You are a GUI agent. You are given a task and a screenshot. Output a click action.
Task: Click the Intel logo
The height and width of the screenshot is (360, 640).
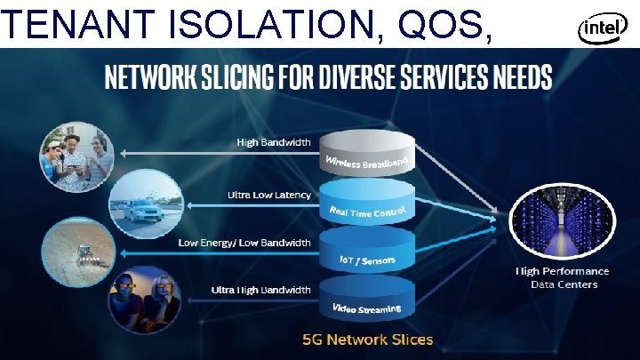click(599, 29)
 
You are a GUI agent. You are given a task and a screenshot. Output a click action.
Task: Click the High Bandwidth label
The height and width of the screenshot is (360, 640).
click(273, 141)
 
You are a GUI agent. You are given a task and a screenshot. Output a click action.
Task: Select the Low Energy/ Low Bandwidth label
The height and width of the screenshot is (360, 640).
click(244, 242)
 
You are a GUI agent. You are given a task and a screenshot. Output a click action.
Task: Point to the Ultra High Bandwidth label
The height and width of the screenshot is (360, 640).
click(261, 289)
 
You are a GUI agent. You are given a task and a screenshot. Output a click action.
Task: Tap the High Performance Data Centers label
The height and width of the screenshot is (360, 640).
click(564, 277)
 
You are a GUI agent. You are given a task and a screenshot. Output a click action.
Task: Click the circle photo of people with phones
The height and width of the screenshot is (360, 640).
click(75, 157)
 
